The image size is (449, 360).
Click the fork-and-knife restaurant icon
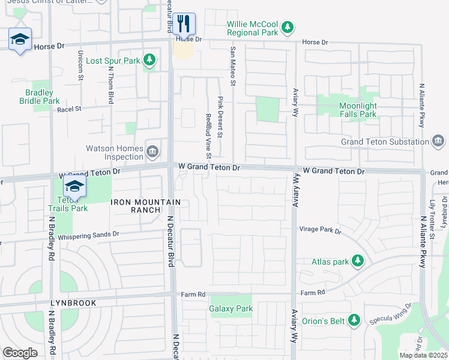point(185,24)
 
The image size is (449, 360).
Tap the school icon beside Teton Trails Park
point(74,187)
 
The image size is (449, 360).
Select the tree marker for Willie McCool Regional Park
point(288,26)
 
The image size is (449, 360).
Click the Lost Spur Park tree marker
point(149,60)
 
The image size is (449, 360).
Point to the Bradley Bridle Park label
point(43,97)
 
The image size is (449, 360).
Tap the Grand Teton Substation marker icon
point(439,141)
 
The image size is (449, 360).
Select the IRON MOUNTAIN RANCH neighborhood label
point(136,206)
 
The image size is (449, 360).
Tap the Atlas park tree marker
point(358,260)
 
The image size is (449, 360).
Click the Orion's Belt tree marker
point(354,320)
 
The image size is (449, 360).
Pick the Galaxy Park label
point(231,308)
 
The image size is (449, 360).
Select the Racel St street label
point(68,110)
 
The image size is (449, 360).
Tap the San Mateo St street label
point(230,65)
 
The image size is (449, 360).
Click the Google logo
point(20,352)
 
